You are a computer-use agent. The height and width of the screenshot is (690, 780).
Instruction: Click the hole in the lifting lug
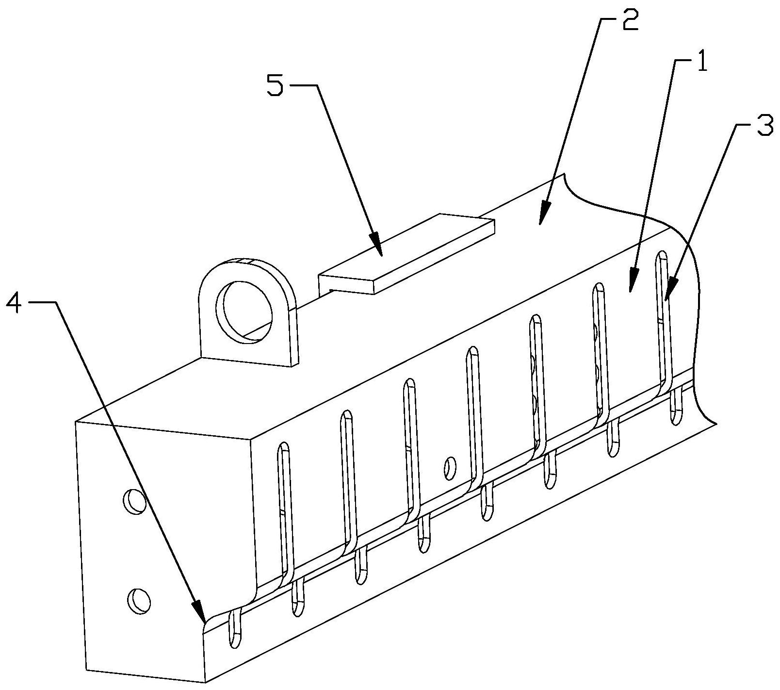point(246,312)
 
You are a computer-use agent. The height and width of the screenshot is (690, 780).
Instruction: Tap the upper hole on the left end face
point(135,501)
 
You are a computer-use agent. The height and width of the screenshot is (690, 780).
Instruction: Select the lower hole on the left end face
point(138,601)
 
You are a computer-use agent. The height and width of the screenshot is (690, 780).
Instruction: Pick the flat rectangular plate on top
point(406,253)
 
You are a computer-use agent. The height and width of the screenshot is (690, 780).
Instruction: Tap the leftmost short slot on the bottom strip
point(234,629)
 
